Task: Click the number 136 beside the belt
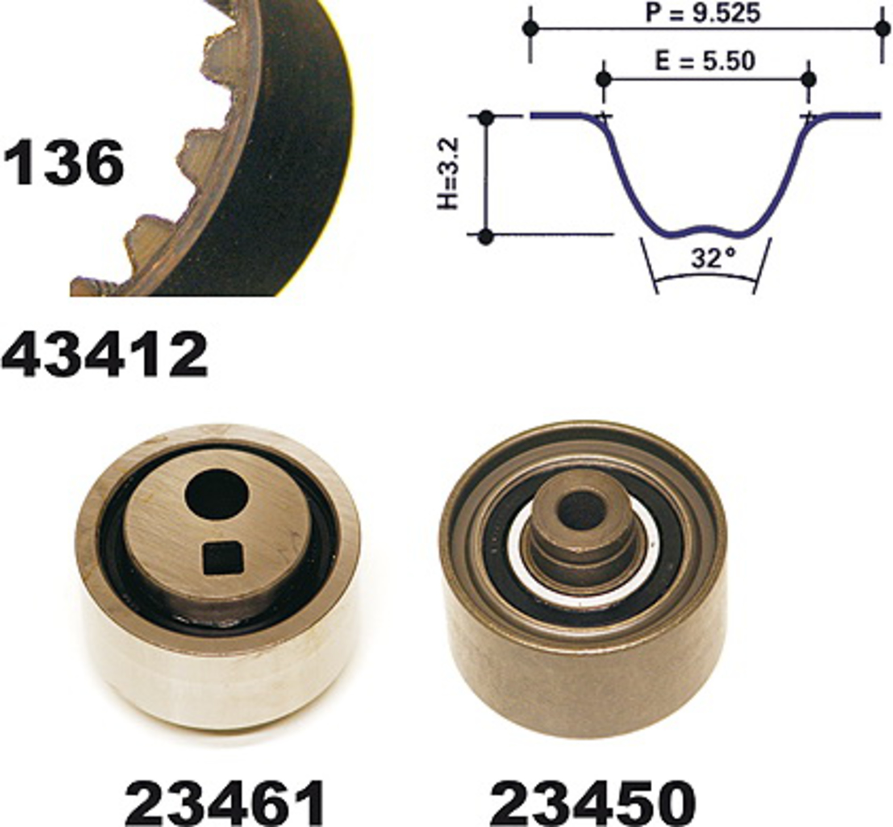tap(63, 162)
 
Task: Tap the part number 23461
tap(225, 804)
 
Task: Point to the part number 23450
tap(593, 804)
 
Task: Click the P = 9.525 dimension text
tap(703, 13)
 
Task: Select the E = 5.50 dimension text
tap(705, 61)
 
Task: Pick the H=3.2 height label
tap(448, 173)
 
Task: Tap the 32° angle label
tap(714, 258)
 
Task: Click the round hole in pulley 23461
tap(216, 494)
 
